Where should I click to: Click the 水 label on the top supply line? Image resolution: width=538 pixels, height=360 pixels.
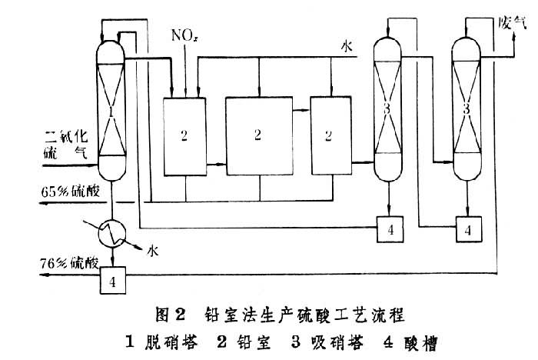pos(347,46)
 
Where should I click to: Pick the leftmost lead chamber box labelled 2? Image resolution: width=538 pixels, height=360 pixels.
pos(184,135)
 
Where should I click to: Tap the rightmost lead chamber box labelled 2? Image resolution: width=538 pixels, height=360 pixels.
pos(330,135)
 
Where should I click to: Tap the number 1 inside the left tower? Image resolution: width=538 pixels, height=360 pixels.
pos(111,112)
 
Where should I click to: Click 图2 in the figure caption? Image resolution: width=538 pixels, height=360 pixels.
pos(173,315)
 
